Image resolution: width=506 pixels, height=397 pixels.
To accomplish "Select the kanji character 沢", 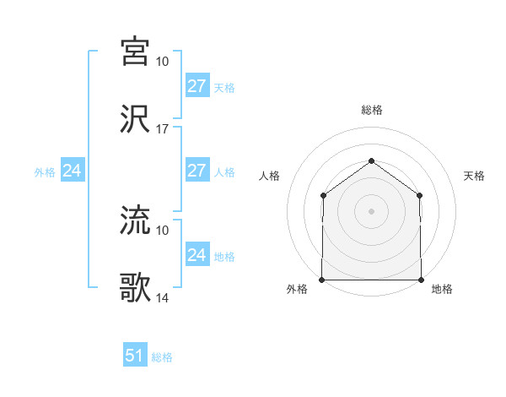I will point(136,119).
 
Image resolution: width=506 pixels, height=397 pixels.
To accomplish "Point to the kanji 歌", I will point(136,288).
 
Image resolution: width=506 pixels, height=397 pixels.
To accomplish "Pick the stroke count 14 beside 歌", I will point(163,298).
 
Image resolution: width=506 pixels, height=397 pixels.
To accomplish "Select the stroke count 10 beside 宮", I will point(163,62).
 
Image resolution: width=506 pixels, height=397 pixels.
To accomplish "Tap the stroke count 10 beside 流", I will point(163,230).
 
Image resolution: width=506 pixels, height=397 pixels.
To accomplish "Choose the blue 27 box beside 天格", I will point(197,86).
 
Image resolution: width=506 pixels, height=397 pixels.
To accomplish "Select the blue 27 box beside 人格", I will point(197,171).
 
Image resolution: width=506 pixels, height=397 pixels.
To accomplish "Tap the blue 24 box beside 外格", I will point(73,171).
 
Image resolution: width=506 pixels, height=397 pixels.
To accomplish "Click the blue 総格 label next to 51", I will point(162,357).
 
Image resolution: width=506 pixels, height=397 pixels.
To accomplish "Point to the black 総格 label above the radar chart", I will point(372,110).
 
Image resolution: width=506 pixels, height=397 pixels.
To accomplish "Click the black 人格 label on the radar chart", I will point(270,176).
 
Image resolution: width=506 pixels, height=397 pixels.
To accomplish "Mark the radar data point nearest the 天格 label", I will point(421,195).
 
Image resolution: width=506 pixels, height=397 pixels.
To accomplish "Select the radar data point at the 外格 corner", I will point(322,280).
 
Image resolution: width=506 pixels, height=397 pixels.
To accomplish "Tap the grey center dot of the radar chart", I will point(372,211).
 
